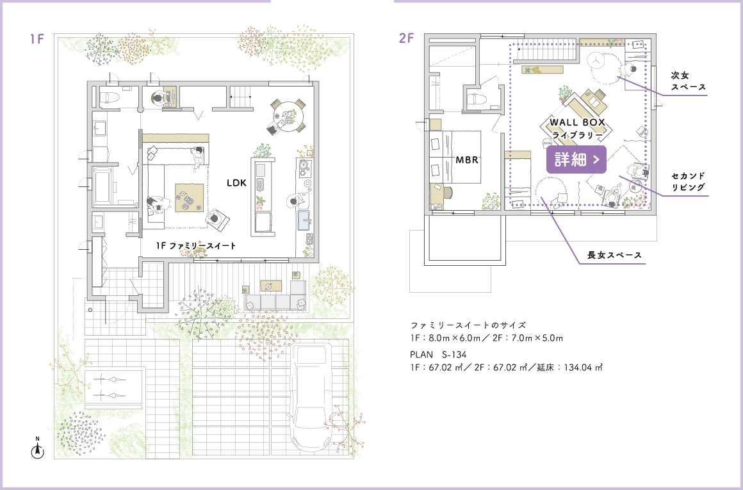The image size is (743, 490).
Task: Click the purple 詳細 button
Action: click(x=576, y=159)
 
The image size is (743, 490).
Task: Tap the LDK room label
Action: click(x=236, y=183)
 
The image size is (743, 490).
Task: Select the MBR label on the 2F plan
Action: click(x=467, y=160)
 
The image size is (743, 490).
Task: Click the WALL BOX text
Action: click(x=577, y=122)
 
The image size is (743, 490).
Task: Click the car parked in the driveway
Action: click(x=311, y=397)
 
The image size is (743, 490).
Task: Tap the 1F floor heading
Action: click(x=37, y=39)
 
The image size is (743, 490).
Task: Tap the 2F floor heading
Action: click(x=406, y=38)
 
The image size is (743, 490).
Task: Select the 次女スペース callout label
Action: click(x=688, y=81)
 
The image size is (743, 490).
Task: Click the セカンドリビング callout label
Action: click(x=688, y=181)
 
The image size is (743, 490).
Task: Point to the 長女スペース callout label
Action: click(x=615, y=255)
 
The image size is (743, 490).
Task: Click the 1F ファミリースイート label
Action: click(x=196, y=246)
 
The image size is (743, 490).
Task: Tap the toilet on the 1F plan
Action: click(x=110, y=96)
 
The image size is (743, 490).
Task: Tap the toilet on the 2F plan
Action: click(x=477, y=99)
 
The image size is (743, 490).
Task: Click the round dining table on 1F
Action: click(x=286, y=115)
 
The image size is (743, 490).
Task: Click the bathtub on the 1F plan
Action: click(x=104, y=186)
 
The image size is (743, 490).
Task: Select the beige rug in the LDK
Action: click(x=190, y=198)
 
